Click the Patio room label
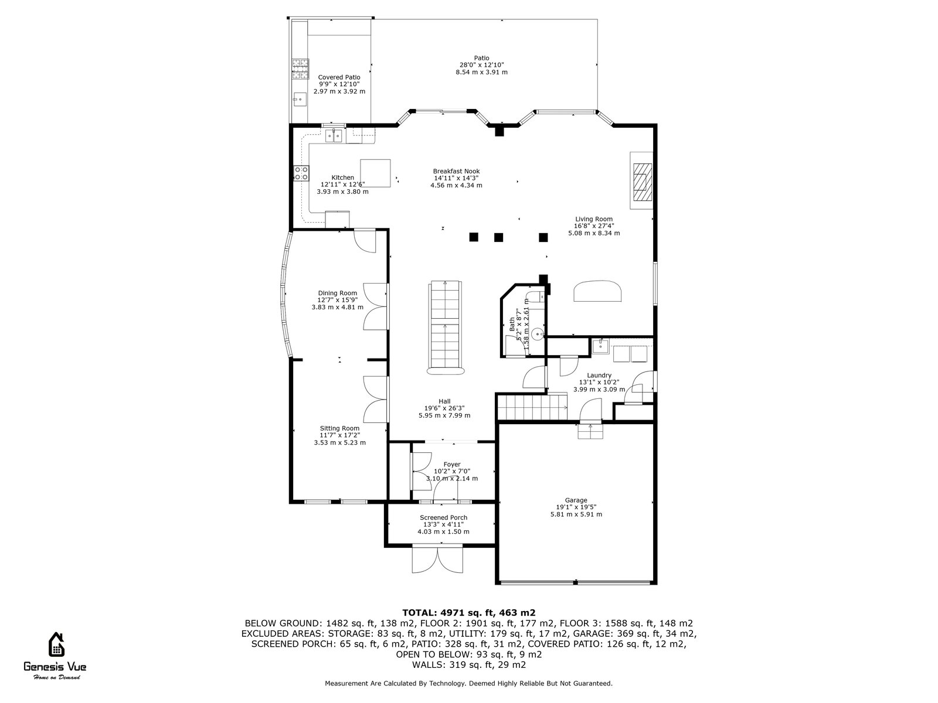click(x=481, y=58)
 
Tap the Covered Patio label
click(x=339, y=77)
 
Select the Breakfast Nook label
click(x=456, y=171)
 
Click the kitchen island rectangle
click(x=375, y=173)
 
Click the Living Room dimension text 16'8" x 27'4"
click(x=594, y=226)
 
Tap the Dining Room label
click(x=337, y=293)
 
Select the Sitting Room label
click(x=339, y=428)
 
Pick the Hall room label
click(x=444, y=401)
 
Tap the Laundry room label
click(x=599, y=376)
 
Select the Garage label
click(x=576, y=500)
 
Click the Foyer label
click(x=451, y=465)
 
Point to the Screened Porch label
click(x=443, y=517)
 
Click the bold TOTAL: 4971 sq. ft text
click(x=468, y=612)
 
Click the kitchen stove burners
click(x=301, y=173)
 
